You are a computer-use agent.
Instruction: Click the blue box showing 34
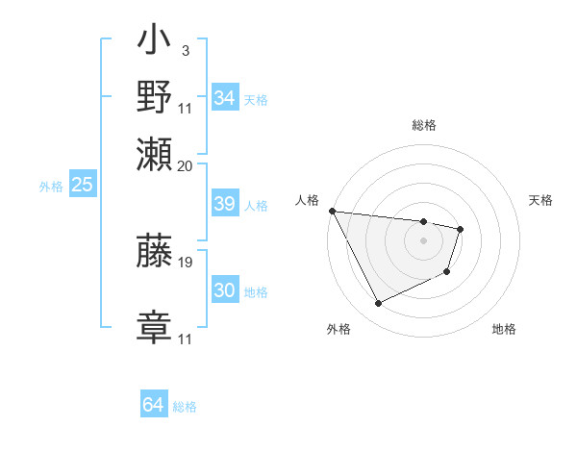(x=224, y=98)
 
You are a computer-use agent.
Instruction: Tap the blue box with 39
(x=224, y=205)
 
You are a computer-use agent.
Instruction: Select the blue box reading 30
(x=224, y=290)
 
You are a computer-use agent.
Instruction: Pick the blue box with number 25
(x=82, y=186)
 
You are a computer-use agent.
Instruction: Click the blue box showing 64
(x=153, y=405)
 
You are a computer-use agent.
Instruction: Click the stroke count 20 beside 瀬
(x=186, y=165)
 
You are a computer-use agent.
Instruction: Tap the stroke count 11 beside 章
(x=186, y=339)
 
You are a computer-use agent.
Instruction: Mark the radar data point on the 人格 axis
(x=332, y=211)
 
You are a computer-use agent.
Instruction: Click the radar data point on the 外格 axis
(x=379, y=304)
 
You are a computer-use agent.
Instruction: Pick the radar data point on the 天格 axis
(x=461, y=229)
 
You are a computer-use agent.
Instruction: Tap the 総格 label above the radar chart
(x=423, y=125)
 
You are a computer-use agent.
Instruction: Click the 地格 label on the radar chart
(x=504, y=329)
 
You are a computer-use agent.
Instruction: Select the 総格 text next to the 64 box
(x=185, y=407)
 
